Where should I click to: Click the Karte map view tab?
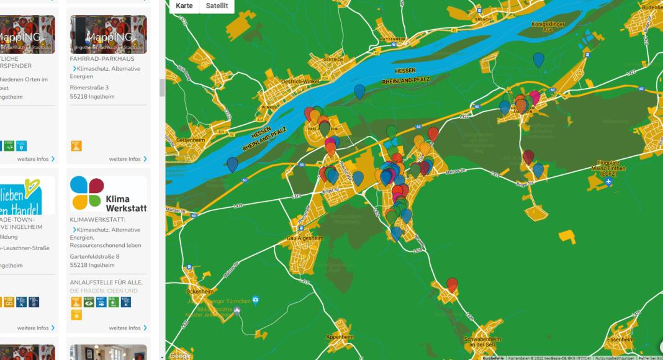tap(184, 6)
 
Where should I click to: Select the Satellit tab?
tap(217, 6)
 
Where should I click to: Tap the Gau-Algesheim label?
tap(304, 237)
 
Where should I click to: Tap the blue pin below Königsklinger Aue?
tap(538, 60)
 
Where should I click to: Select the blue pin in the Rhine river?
tap(359, 91)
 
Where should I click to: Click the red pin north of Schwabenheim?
tap(453, 284)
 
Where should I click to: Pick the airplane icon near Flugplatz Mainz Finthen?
tap(609, 182)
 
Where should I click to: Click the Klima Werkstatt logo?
tap(109, 194)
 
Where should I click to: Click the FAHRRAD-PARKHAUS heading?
tap(102, 59)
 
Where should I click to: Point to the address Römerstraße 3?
tap(89, 88)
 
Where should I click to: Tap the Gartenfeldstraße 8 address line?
tap(95, 256)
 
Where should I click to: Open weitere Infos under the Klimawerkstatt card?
tap(129, 328)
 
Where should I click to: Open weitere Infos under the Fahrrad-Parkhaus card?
tap(129, 159)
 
